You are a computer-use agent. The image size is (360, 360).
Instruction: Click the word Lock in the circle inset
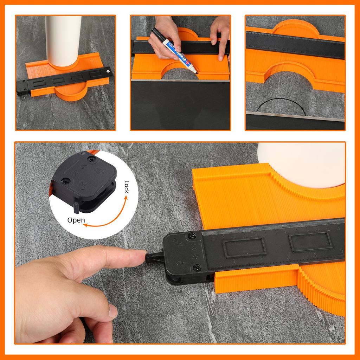pos(127,188)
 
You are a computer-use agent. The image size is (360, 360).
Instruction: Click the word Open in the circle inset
pos(76,220)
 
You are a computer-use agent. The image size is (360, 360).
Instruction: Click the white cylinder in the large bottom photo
pos(302,163)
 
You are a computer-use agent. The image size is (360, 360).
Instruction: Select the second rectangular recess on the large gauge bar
pos(310,242)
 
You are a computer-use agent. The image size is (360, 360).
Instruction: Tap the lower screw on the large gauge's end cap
pos(197,268)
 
